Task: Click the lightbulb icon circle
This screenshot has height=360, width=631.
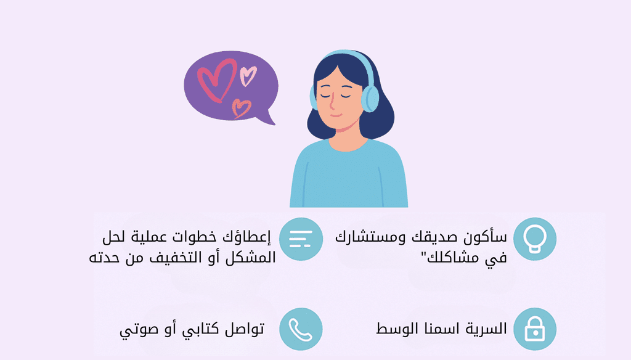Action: click(x=535, y=239)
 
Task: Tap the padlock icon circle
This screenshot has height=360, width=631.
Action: click(x=535, y=329)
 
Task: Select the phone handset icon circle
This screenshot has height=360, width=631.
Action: click(x=301, y=329)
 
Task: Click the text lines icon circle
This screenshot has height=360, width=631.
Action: click(x=301, y=239)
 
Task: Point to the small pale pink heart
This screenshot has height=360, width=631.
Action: click(x=248, y=76)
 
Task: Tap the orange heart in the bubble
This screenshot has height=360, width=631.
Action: click(x=241, y=108)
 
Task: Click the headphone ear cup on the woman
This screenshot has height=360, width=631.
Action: click(x=370, y=99)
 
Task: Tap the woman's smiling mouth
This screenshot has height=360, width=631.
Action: click(x=336, y=116)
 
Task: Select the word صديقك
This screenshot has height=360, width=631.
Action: click(x=434, y=237)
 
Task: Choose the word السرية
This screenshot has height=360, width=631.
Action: click(x=485, y=329)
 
